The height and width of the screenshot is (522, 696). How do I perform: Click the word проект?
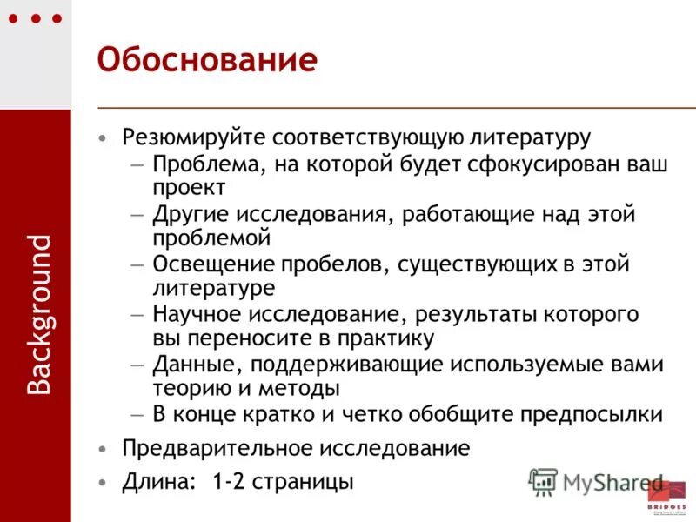click(190, 187)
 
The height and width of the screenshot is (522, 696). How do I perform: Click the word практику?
click(373, 338)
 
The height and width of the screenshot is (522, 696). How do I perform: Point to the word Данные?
click(191, 363)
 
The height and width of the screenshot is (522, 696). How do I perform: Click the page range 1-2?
click(227, 481)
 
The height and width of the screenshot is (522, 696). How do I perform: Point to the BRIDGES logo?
click(666, 496)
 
